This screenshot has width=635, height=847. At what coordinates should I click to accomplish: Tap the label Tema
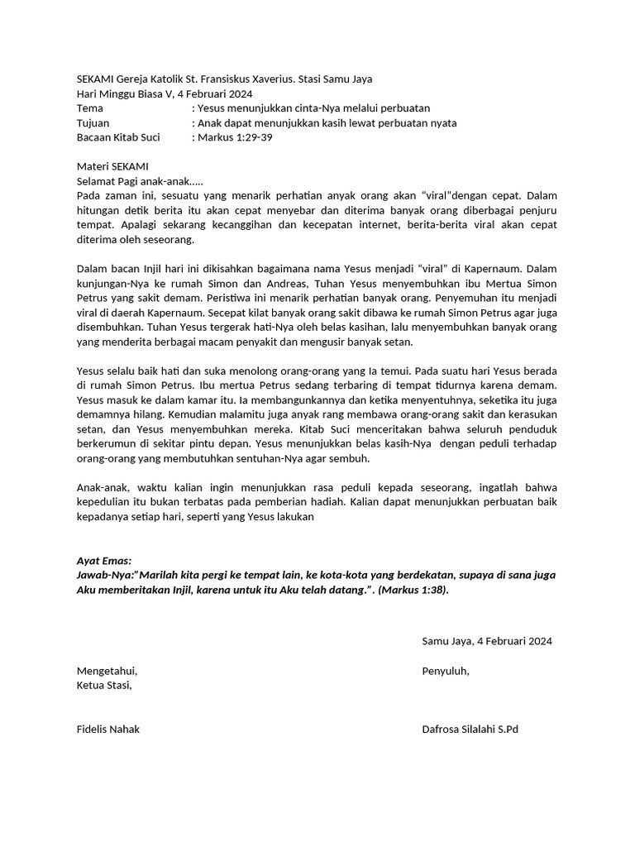click(90, 108)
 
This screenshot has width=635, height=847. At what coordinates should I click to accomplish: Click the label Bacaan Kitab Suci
click(118, 136)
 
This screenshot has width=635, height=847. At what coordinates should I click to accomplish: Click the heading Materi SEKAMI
click(112, 166)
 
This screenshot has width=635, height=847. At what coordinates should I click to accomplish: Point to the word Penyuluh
click(446, 670)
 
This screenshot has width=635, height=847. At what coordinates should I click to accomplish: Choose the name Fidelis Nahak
click(108, 729)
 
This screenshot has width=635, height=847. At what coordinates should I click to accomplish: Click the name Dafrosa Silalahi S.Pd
click(470, 729)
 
